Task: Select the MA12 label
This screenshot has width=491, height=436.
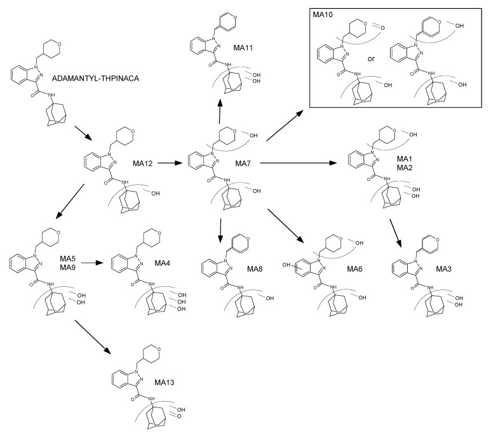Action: (x=144, y=163)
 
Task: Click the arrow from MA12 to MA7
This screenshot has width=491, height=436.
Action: (x=169, y=164)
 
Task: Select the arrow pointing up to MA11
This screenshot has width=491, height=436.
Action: (x=219, y=110)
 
